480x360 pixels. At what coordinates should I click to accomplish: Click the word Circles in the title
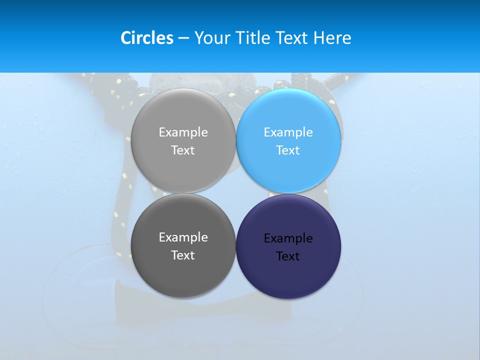(x=147, y=38)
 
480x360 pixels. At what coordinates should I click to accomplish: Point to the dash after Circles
(x=183, y=38)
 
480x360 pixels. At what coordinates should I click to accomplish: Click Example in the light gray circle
(x=183, y=132)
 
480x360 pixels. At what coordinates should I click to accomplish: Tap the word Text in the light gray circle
(x=183, y=150)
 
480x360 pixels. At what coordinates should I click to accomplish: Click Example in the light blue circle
(x=288, y=132)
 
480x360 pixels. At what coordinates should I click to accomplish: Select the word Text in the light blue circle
(x=288, y=150)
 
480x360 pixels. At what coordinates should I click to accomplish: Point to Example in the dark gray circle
(x=183, y=237)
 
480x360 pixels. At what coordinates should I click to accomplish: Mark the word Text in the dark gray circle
(x=183, y=255)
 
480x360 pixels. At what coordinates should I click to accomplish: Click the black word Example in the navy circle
(x=288, y=238)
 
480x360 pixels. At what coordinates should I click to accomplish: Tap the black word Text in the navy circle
(x=288, y=256)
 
